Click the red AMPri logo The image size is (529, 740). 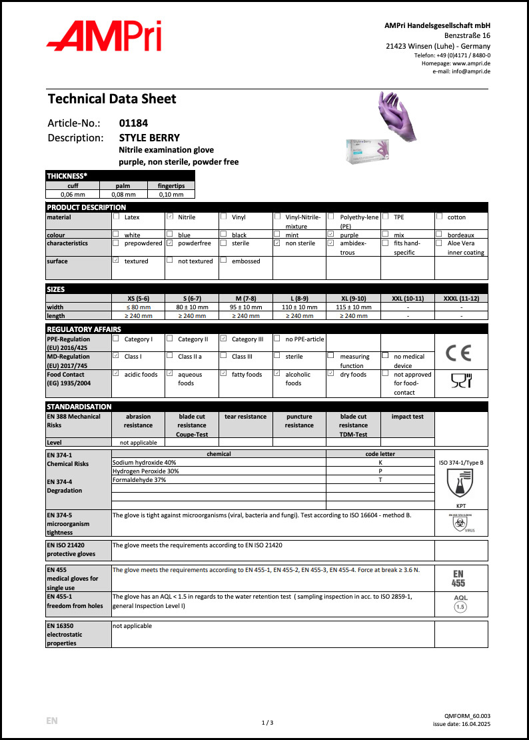pos(103,36)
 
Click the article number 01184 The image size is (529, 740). pos(133,123)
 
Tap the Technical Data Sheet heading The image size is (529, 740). pos(112,99)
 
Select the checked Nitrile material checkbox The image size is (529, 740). pos(170,217)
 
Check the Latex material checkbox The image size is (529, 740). pos(116,217)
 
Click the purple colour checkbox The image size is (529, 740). pos(330,235)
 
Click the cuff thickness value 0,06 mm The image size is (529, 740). pos(72,195)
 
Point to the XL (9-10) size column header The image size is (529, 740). pos(353,298)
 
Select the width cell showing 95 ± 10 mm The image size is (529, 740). pos(245,307)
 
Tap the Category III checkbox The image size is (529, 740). pos(223,339)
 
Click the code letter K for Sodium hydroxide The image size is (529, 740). pos(380,462)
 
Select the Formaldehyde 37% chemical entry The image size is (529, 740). pos(139,479)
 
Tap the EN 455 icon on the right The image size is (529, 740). pos(460,577)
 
